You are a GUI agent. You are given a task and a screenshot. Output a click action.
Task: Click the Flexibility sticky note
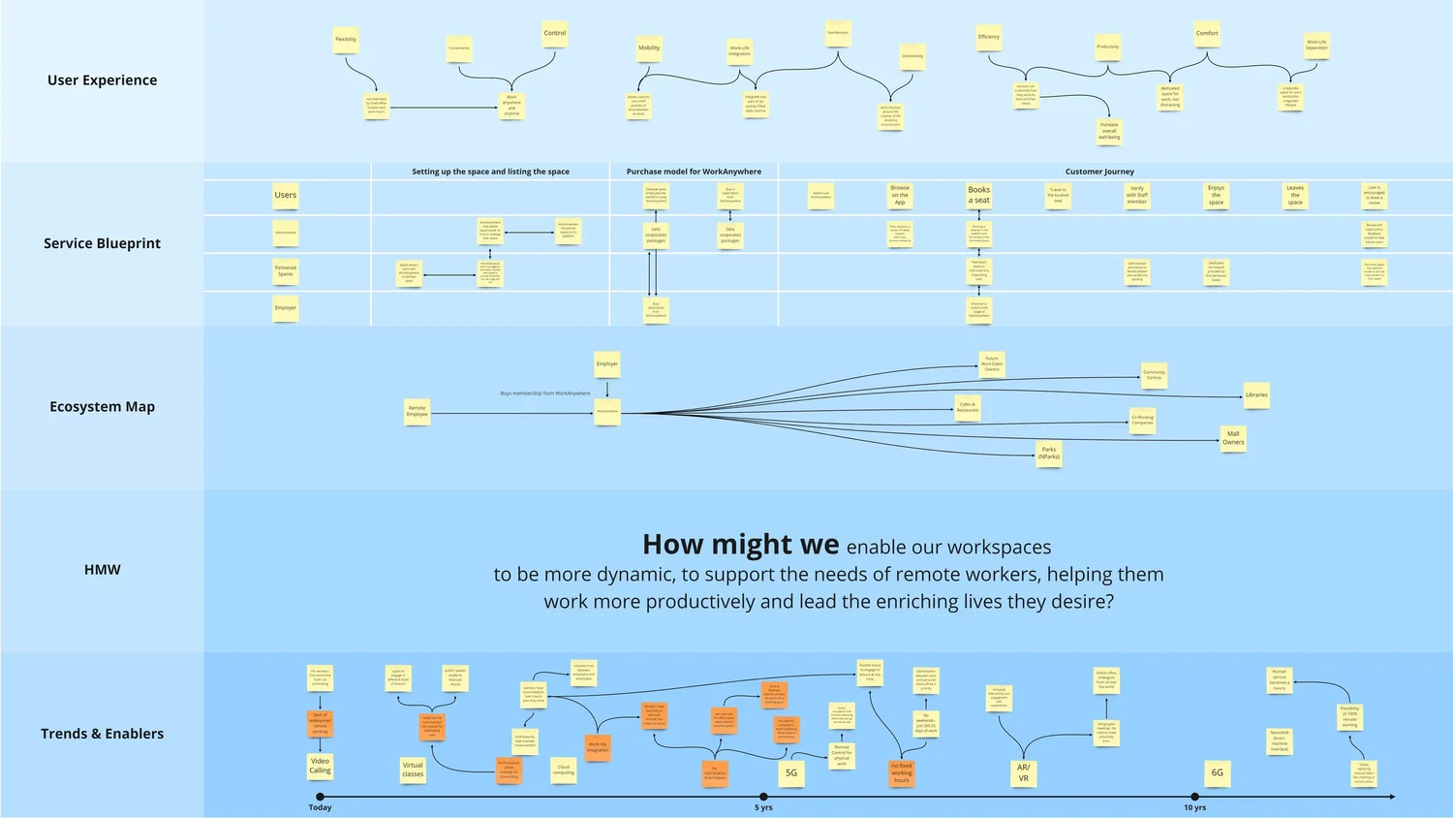(x=346, y=41)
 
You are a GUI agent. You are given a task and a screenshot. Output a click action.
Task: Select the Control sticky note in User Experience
(x=555, y=34)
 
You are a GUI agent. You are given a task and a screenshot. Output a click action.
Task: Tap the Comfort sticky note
(x=1207, y=34)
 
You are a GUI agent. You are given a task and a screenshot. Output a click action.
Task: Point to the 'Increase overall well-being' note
(x=1109, y=131)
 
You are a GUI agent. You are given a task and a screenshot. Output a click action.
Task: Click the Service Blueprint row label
(x=102, y=243)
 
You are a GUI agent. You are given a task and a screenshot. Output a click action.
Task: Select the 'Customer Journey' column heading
(x=1099, y=172)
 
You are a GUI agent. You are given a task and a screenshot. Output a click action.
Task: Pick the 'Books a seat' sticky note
(x=979, y=195)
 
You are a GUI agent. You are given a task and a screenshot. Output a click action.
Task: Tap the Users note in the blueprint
(x=286, y=196)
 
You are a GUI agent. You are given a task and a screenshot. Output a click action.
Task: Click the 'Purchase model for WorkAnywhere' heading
(x=694, y=172)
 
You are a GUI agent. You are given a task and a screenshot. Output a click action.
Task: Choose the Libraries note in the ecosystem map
(x=1256, y=395)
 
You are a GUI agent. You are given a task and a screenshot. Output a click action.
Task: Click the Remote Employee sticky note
(x=417, y=411)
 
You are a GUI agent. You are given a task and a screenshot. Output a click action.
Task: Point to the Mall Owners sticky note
(x=1233, y=438)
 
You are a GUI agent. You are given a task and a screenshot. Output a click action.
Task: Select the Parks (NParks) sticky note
(x=1049, y=453)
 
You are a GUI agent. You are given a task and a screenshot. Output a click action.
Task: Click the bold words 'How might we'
(x=741, y=545)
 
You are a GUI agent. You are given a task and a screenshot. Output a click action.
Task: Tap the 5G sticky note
(x=791, y=773)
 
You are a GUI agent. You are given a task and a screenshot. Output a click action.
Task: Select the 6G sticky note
(x=1218, y=773)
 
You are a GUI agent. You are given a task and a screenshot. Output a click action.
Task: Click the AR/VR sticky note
(x=1024, y=772)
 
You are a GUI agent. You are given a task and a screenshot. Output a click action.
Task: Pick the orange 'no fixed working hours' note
(x=902, y=772)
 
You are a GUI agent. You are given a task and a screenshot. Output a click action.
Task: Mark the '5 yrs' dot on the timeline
(x=763, y=797)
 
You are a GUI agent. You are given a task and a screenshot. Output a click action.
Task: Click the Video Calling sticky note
(x=320, y=766)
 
